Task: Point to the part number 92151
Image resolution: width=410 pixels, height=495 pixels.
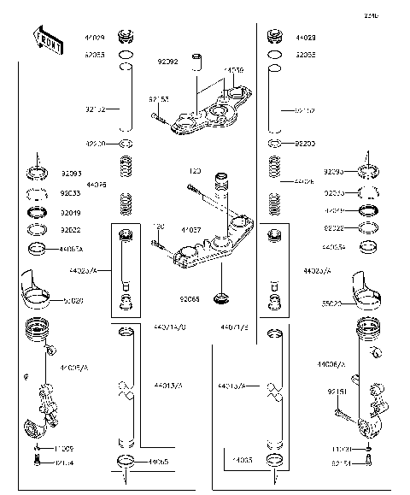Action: click(337, 393)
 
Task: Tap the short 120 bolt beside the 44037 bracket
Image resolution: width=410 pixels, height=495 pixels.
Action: click(162, 245)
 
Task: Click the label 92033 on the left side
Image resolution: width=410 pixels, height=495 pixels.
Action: click(71, 193)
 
